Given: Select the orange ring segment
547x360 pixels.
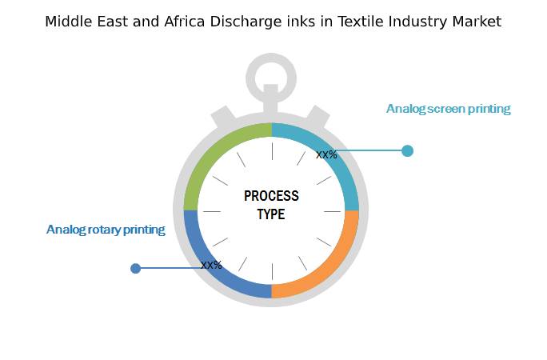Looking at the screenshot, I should (x=332, y=268).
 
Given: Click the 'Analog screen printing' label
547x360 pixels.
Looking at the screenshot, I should (x=448, y=109).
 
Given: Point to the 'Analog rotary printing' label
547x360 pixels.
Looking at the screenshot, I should (x=106, y=230).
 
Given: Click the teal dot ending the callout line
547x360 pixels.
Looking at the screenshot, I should (x=407, y=150).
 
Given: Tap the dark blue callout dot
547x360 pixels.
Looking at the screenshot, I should (x=136, y=268).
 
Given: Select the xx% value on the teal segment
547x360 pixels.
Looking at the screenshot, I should (x=326, y=154).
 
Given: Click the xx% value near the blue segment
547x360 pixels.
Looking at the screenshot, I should (x=211, y=265).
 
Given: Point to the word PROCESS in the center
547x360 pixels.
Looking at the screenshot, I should (x=271, y=196).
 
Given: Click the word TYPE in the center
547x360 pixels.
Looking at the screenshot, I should (x=271, y=214).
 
